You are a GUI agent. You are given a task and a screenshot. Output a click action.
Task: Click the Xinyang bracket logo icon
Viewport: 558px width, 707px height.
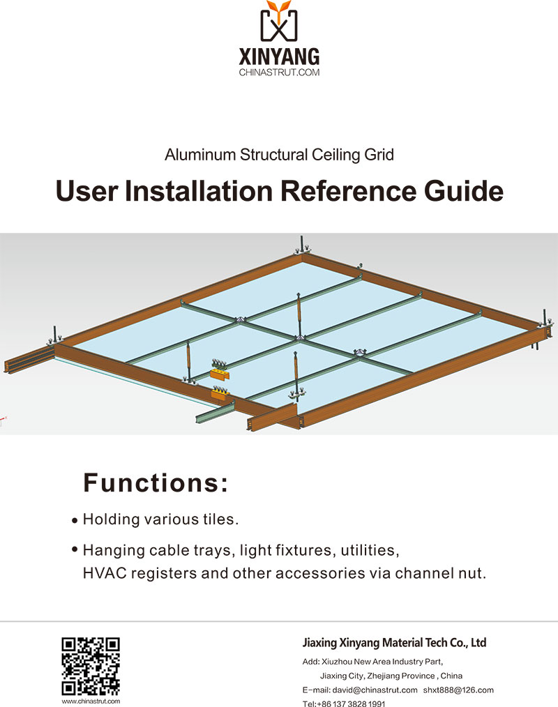(x=279, y=21)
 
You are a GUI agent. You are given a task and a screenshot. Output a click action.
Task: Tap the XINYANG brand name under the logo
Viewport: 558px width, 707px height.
(x=279, y=56)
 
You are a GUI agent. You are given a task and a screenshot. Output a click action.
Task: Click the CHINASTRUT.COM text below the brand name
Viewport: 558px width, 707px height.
(x=279, y=72)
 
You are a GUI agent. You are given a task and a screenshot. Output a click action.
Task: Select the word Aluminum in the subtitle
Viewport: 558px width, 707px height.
(x=200, y=155)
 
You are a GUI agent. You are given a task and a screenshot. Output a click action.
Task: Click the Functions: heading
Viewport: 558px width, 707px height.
(x=156, y=483)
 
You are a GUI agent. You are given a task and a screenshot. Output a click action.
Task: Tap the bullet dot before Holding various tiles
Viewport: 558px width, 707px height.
(x=75, y=521)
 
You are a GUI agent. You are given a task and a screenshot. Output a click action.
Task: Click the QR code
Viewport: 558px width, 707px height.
(x=91, y=667)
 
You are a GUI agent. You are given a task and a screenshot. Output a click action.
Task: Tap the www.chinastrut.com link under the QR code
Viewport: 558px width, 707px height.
(x=91, y=701)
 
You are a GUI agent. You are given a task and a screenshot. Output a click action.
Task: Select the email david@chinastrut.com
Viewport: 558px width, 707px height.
(x=375, y=690)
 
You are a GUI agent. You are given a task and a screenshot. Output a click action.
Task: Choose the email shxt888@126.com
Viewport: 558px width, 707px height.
(x=458, y=690)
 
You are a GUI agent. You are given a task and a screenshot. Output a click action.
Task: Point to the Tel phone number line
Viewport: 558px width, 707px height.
(x=344, y=704)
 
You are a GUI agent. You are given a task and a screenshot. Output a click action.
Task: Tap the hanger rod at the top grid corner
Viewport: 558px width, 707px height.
(x=302, y=245)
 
